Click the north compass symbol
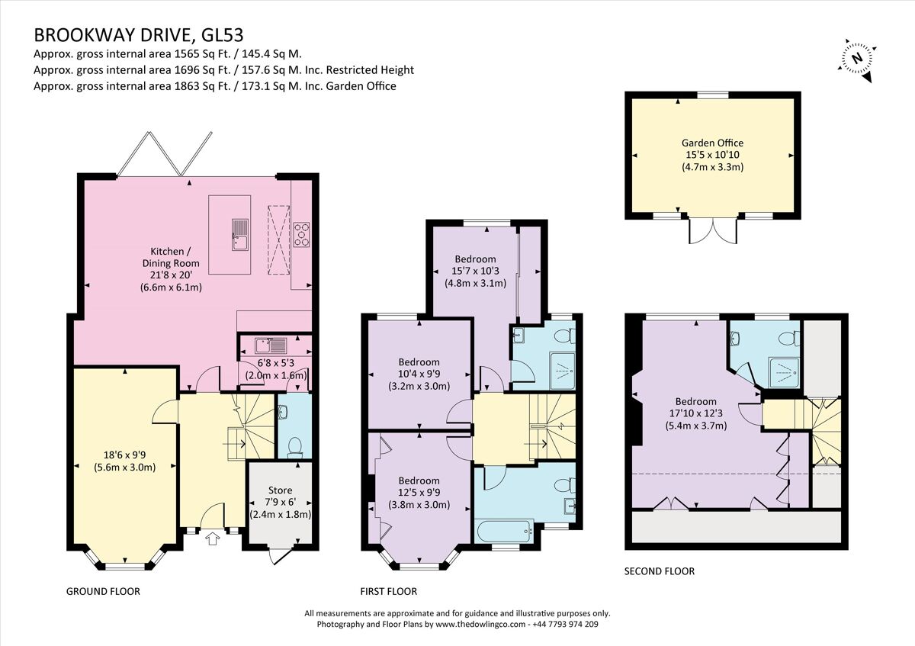(858, 58)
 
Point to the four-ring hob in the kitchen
(301, 234)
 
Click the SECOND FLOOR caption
(659, 571)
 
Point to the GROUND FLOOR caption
(103, 591)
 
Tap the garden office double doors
(714, 231)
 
